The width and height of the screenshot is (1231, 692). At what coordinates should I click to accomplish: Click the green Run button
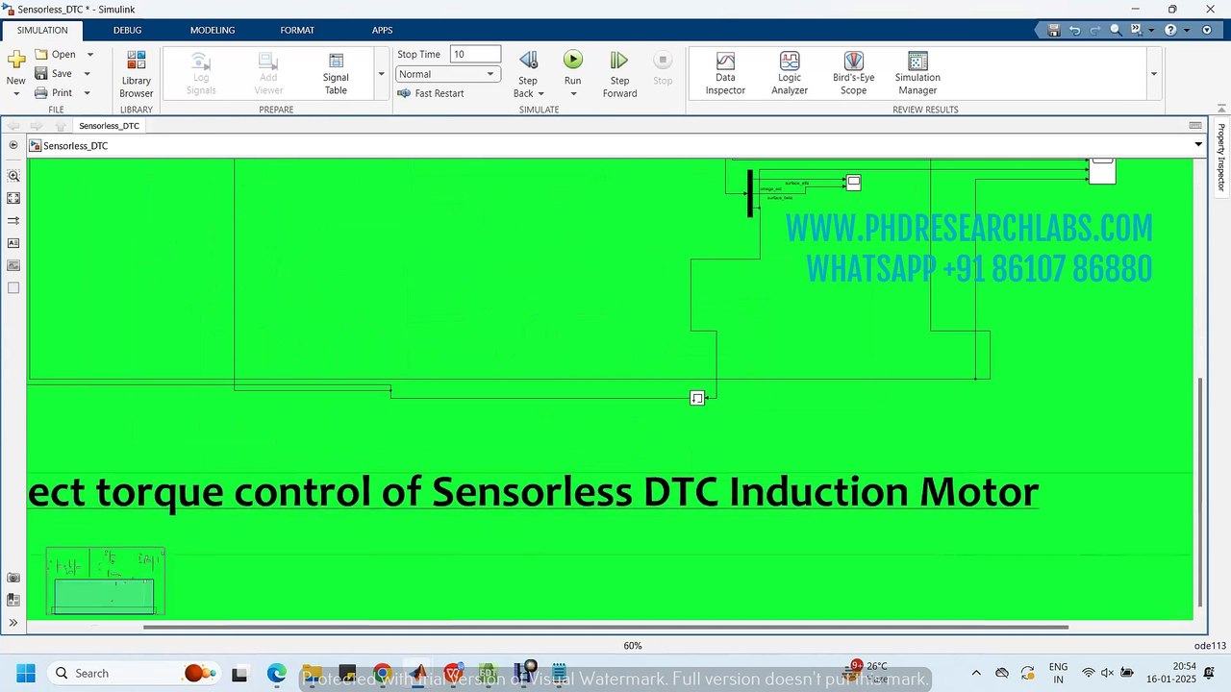(572, 61)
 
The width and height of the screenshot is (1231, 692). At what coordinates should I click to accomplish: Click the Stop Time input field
(475, 55)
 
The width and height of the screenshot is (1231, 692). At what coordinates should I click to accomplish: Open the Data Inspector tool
(725, 73)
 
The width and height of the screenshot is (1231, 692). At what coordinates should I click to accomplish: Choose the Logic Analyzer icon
(790, 73)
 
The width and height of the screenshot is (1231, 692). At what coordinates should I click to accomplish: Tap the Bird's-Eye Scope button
(853, 73)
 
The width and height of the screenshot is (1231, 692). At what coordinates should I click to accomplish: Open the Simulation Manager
(917, 73)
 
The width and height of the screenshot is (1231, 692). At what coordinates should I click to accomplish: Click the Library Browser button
(137, 73)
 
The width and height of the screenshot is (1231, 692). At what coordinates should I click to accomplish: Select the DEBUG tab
(127, 30)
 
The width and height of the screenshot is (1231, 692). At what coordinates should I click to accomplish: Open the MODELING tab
(213, 30)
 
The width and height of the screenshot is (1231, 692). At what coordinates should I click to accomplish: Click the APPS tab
(382, 30)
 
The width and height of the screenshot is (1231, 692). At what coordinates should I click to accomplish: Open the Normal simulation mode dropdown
(447, 74)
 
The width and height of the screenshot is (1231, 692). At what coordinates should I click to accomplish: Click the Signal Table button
(336, 73)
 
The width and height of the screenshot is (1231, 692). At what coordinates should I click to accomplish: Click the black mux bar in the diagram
(750, 193)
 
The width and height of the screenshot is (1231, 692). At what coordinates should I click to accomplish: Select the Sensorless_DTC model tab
(109, 126)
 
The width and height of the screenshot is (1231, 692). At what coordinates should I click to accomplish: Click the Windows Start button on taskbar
(25, 673)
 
